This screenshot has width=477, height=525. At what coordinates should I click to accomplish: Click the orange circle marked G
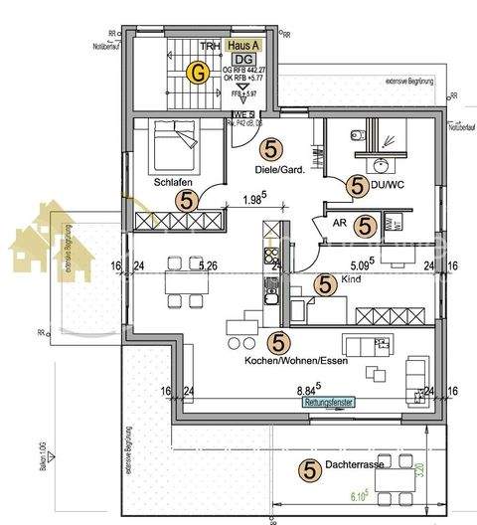[200, 72]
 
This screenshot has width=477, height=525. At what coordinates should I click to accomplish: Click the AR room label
[338, 225]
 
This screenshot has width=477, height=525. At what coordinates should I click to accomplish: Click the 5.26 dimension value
[209, 265]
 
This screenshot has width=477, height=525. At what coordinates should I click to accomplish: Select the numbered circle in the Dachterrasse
[308, 467]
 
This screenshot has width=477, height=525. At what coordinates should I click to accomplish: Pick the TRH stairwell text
[209, 46]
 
